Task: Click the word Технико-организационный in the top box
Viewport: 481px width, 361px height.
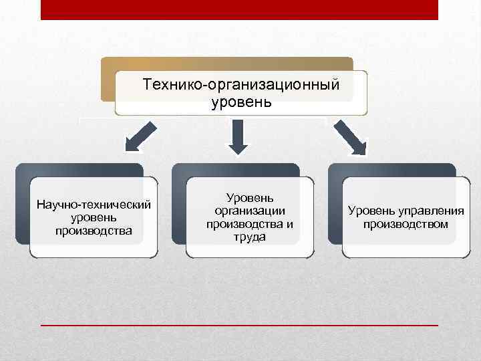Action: (x=241, y=86)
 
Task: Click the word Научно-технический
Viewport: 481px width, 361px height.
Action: (x=94, y=204)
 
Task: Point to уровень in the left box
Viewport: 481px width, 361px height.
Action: (x=93, y=217)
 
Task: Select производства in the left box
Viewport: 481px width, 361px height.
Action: (x=94, y=231)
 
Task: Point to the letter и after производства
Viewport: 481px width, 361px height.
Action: (x=289, y=223)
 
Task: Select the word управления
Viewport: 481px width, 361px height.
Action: (x=429, y=211)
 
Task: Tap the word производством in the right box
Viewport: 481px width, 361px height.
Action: (x=406, y=224)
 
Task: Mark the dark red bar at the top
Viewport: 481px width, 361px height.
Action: (x=239, y=9)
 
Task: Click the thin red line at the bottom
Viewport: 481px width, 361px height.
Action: (x=239, y=324)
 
